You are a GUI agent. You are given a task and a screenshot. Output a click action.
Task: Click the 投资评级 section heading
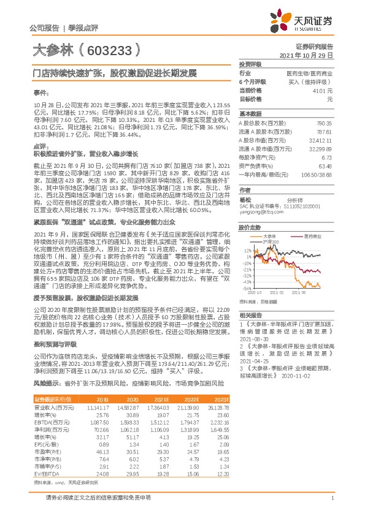(x=250, y=64)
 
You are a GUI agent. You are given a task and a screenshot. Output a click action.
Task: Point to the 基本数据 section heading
(x=250, y=114)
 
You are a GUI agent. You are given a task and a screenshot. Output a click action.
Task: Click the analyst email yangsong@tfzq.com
(x=259, y=213)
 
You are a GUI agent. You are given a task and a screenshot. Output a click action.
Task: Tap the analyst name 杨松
(x=245, y=200)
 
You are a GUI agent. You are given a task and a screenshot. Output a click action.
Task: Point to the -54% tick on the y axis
(x=245, y=287)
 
